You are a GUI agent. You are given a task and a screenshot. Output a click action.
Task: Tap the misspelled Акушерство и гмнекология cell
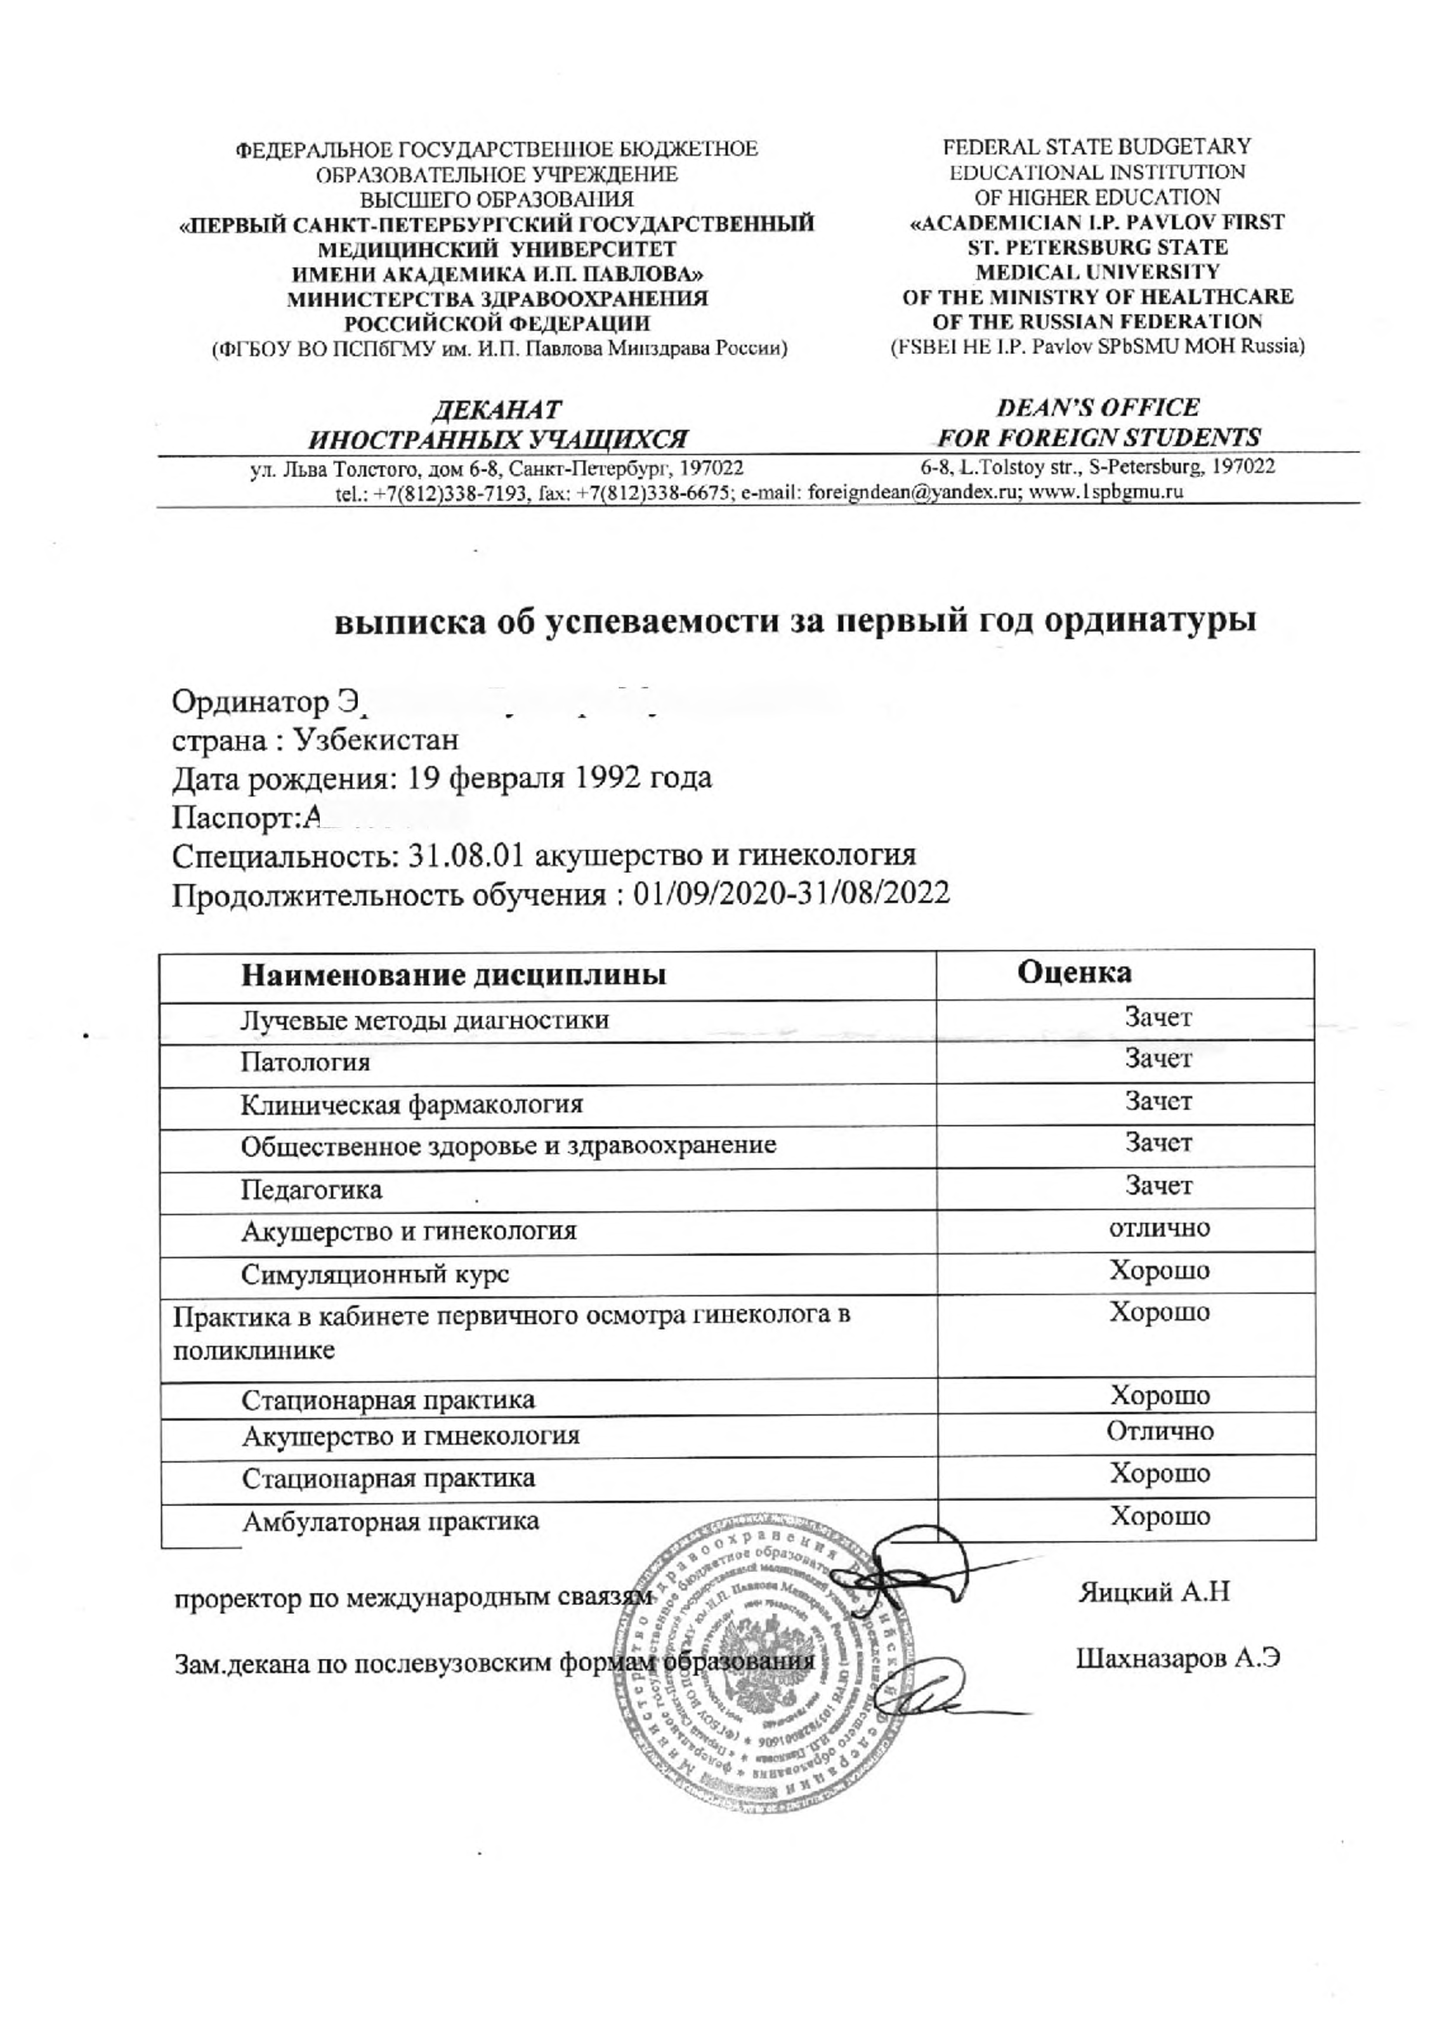click(410, 1435)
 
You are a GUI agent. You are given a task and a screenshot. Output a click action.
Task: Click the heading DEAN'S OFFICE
click(1098, 408)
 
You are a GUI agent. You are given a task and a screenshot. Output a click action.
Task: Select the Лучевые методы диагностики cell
click(424, 1019)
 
